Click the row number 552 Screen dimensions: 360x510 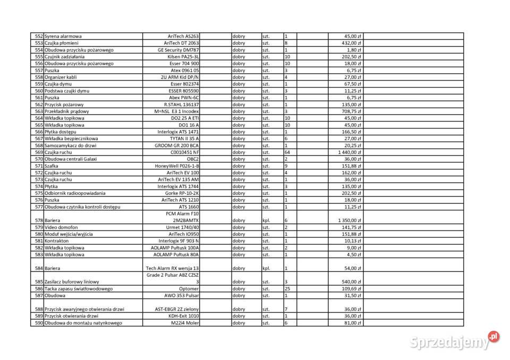click(38, 36)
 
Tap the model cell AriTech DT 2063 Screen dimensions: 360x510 click(181, 43)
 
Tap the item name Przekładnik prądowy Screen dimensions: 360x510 click(67, 112)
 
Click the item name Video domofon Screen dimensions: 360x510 click(62, 227)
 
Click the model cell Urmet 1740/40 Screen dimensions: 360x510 click(182, 227)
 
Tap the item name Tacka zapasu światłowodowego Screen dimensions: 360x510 click(79, 289)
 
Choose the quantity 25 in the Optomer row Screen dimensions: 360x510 click(287, 289)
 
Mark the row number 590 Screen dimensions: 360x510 click(38, 323)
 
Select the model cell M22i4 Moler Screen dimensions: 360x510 click(184, 323)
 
